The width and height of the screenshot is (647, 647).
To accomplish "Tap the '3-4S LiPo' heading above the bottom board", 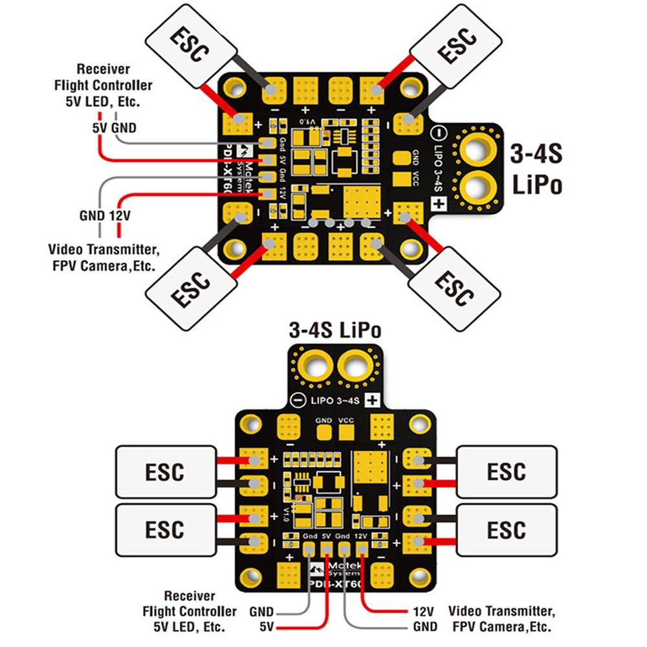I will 334,331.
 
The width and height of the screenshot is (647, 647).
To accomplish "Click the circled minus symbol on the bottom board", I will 298,399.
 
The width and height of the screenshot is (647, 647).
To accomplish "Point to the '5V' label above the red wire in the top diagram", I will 100,128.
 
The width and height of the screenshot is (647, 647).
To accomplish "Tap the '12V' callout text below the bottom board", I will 421,611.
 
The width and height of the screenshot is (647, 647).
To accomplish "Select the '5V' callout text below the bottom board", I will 265,627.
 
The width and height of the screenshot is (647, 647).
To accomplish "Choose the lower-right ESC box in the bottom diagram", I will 507,531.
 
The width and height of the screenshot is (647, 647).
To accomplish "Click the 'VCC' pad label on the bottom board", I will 347,420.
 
